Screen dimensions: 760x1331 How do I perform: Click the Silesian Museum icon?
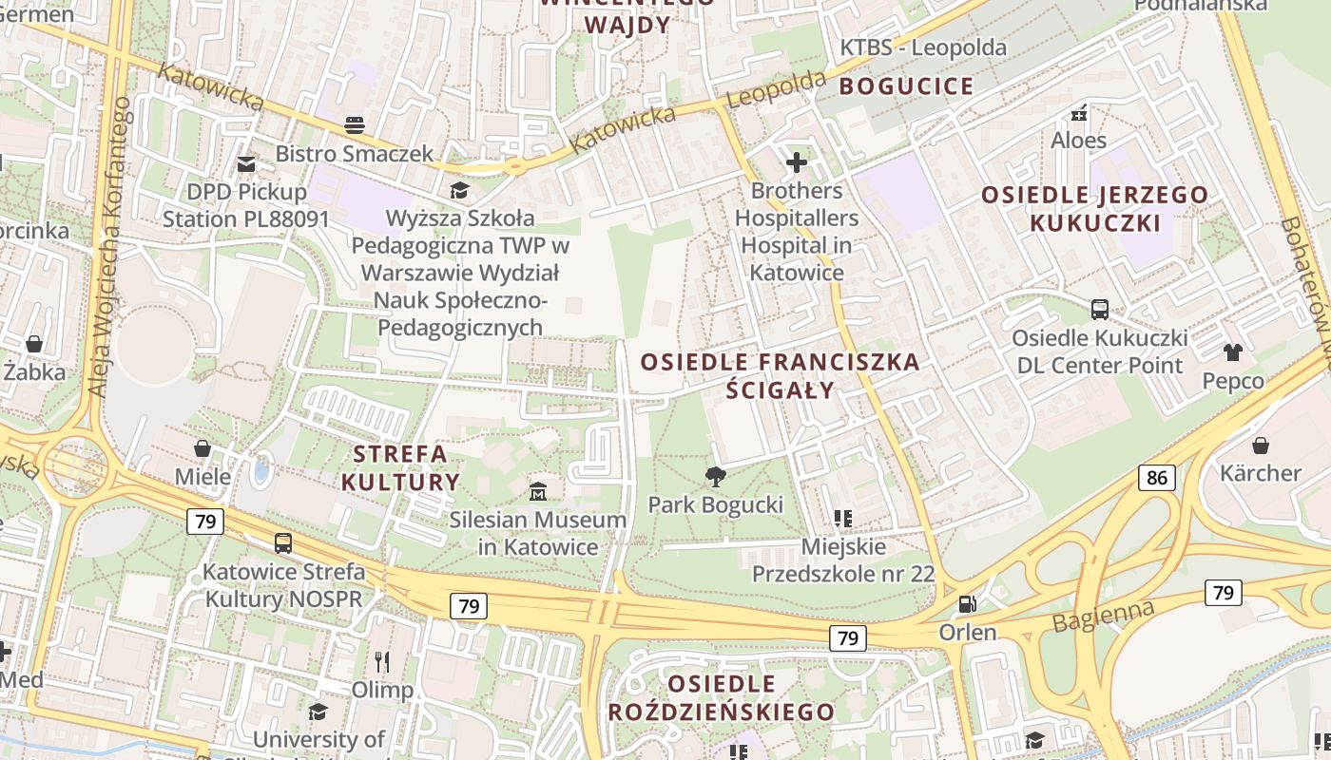point(538,491)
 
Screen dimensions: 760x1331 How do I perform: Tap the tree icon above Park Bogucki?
point(715,476)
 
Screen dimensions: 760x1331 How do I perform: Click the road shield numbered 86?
point(1156,478)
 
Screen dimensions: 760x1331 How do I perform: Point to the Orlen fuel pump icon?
point(967,604)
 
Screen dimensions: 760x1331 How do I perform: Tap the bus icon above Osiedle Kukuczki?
point(1099,309)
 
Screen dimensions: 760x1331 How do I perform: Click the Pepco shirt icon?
point(1233,352)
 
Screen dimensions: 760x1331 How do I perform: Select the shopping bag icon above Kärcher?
point(1261,445)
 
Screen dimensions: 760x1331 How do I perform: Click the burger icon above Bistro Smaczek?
point(355,124)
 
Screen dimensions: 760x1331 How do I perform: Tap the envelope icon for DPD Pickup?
point(246,163)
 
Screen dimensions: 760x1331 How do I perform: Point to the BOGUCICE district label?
point(907,86)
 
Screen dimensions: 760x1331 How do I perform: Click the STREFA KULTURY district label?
point(400,466)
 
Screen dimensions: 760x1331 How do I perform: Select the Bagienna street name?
point(1104,616)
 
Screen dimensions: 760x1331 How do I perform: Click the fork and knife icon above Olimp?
point(382,661)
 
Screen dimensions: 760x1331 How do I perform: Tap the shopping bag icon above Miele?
point(203,447)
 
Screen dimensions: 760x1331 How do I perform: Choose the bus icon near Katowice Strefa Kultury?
point(283,543)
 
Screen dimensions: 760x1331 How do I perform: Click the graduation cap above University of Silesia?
point(318,711)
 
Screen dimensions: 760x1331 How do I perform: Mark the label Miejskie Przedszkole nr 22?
point(843,560)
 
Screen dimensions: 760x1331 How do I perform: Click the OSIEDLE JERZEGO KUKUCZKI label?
point(1094,209)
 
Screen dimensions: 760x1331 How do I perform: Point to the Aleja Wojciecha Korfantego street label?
point(110,247)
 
